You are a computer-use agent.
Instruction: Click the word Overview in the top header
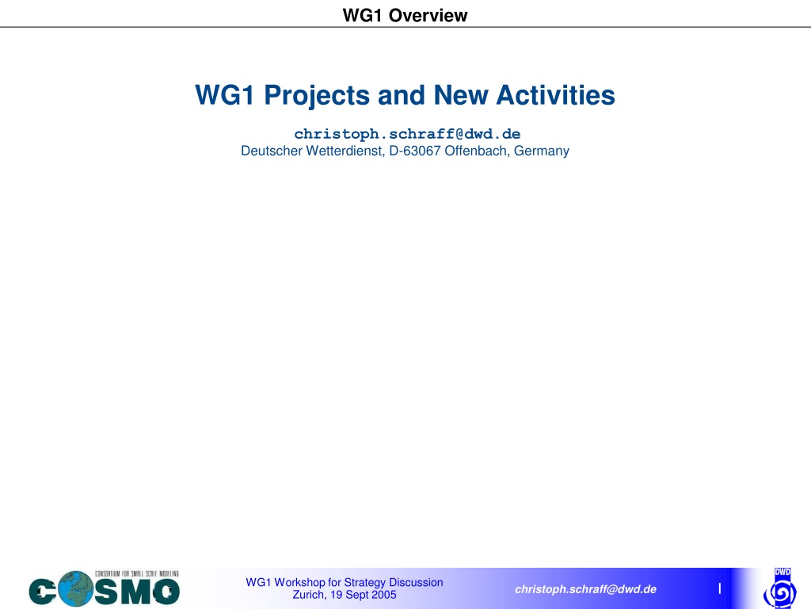click(x=428, y=16)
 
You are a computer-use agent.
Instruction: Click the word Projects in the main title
click(x=317, y=96)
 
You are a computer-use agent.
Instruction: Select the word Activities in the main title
click(x=555, y=95)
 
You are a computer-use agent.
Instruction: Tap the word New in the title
click(x=461, y=95)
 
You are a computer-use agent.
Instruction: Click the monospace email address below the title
click(x=407, y=134)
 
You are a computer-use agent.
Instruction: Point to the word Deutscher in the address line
click(x=272, y=151)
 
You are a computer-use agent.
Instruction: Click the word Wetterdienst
click(x=345, y=151)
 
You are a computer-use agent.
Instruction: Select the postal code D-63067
click(x=415, y=151)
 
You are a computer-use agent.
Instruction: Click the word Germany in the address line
click(x=542, y=151)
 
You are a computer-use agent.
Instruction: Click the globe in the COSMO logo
click(x=75, y=588)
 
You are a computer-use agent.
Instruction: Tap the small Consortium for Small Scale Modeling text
click(x=136, y=574)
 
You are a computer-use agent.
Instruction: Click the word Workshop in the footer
click(x=299, y=583)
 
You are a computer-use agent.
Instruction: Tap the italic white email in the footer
click(x=585, y=589)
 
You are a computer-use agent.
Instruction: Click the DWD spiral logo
click(x=780, y=589)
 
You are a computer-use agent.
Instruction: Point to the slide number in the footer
click(x=719, y=588)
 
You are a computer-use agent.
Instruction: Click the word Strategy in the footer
click(x=364, y=583)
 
